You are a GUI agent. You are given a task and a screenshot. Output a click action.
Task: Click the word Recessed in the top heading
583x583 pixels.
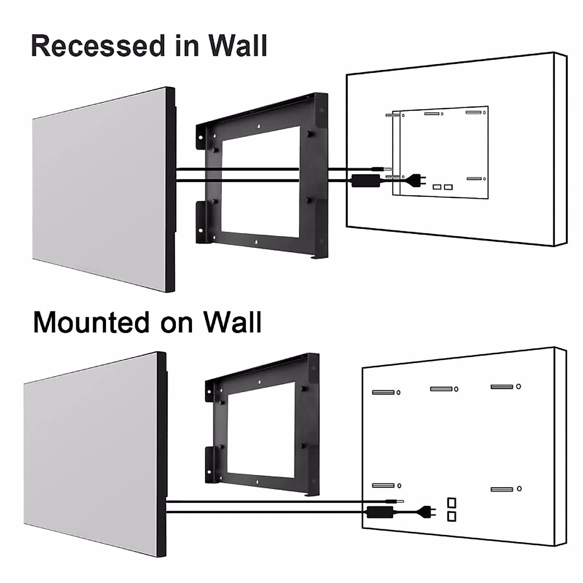[x=98, y=46]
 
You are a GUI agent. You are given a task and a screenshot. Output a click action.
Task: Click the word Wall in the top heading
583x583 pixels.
[x=238, y=46]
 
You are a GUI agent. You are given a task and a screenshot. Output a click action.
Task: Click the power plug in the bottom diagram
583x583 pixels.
[x=428, y=511]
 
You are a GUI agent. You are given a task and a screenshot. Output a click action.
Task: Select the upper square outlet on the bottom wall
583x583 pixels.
[x=452, y=502]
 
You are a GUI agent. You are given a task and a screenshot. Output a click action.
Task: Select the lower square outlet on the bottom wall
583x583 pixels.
[x=452, y=516]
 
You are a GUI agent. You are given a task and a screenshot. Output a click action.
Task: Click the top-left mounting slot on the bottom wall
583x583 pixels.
[x=383, y=392]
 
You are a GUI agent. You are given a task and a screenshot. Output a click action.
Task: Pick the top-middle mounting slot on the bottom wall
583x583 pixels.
[x=441, y=389]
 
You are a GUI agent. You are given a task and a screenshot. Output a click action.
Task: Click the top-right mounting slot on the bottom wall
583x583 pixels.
[x=502, y=387]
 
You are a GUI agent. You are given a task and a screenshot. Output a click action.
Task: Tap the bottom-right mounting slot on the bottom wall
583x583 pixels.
[x=502, y=489]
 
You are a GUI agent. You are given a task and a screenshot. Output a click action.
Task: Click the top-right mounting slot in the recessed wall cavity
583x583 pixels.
[x=473, y=113]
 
